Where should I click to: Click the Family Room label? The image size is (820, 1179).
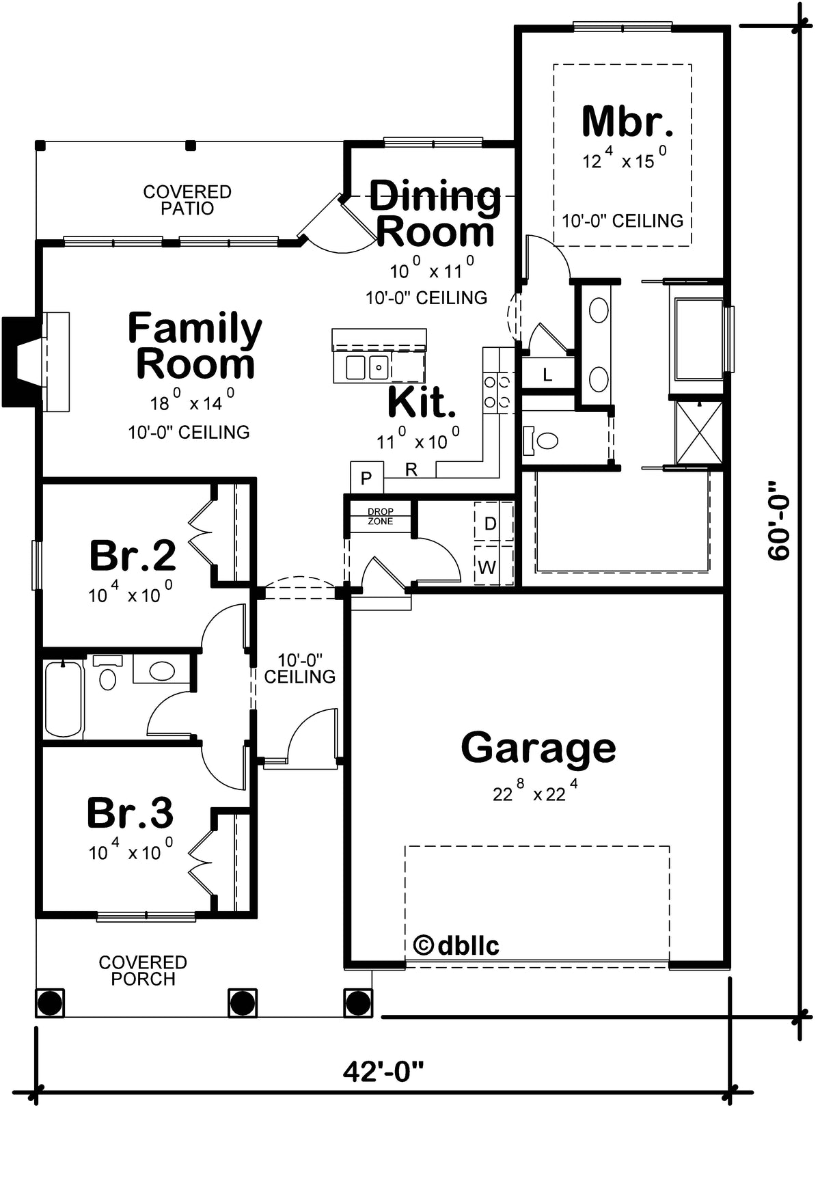coord(195,346)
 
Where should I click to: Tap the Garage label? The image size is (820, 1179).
coord(538,748)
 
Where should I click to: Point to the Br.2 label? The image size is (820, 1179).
coord(133,555)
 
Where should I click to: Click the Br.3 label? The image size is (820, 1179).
coord(130,813)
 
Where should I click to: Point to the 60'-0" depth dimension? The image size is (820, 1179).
coord(778,521)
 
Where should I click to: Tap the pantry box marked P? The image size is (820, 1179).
coord(366,477)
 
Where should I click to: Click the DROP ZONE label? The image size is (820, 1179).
coord(381,517)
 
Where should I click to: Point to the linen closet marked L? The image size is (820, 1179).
coord(547,374)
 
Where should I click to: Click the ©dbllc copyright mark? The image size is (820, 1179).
coord(456,945)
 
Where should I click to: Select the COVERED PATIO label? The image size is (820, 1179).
coord(187,200)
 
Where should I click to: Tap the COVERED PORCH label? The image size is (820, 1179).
coord(143,971)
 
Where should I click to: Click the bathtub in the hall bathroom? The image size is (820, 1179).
coord(64,698)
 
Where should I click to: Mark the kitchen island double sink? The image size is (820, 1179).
coord(367,367)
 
